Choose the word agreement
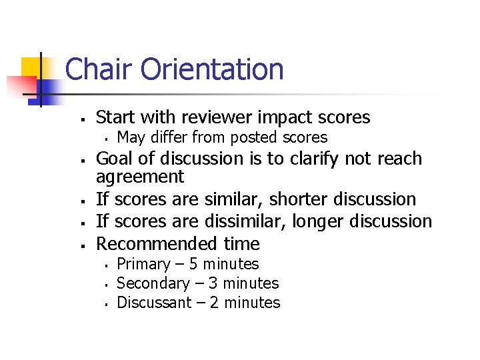pyautogui.click(x=140, y=177)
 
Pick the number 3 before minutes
pyautogui.click(x=217, y=283)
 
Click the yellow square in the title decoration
pyautogui.click(x=31, y=67)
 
